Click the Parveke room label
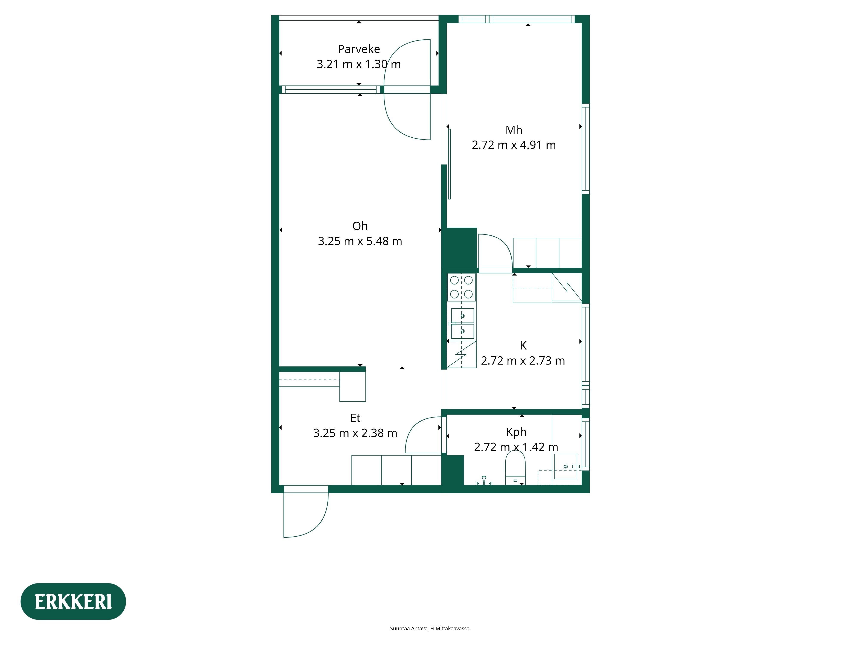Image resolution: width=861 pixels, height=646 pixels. [x=358, y=49]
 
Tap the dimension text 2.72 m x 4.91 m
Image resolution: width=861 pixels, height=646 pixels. [x=513, y=145]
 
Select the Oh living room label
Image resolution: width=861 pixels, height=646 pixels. [x=360, y=226]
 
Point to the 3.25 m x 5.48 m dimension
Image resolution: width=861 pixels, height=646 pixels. [x=360, y=241]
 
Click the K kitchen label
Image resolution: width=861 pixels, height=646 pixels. [x=523, y=345]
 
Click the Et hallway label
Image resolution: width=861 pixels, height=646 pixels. [x=355, y=418]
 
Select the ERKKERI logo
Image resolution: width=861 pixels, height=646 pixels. [x=73, y=602]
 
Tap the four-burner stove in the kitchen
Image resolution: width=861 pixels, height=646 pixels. [x=461, y=287]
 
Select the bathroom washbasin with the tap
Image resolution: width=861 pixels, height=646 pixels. [x=565, y=466]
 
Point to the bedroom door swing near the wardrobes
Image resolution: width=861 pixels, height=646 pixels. [x=494, y=251]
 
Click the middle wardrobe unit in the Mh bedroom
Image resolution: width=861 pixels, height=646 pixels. [x=547, y=253]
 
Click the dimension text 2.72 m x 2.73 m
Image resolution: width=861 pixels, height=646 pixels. [x=523, y=361]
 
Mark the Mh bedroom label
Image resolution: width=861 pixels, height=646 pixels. [x=513, y=130]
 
